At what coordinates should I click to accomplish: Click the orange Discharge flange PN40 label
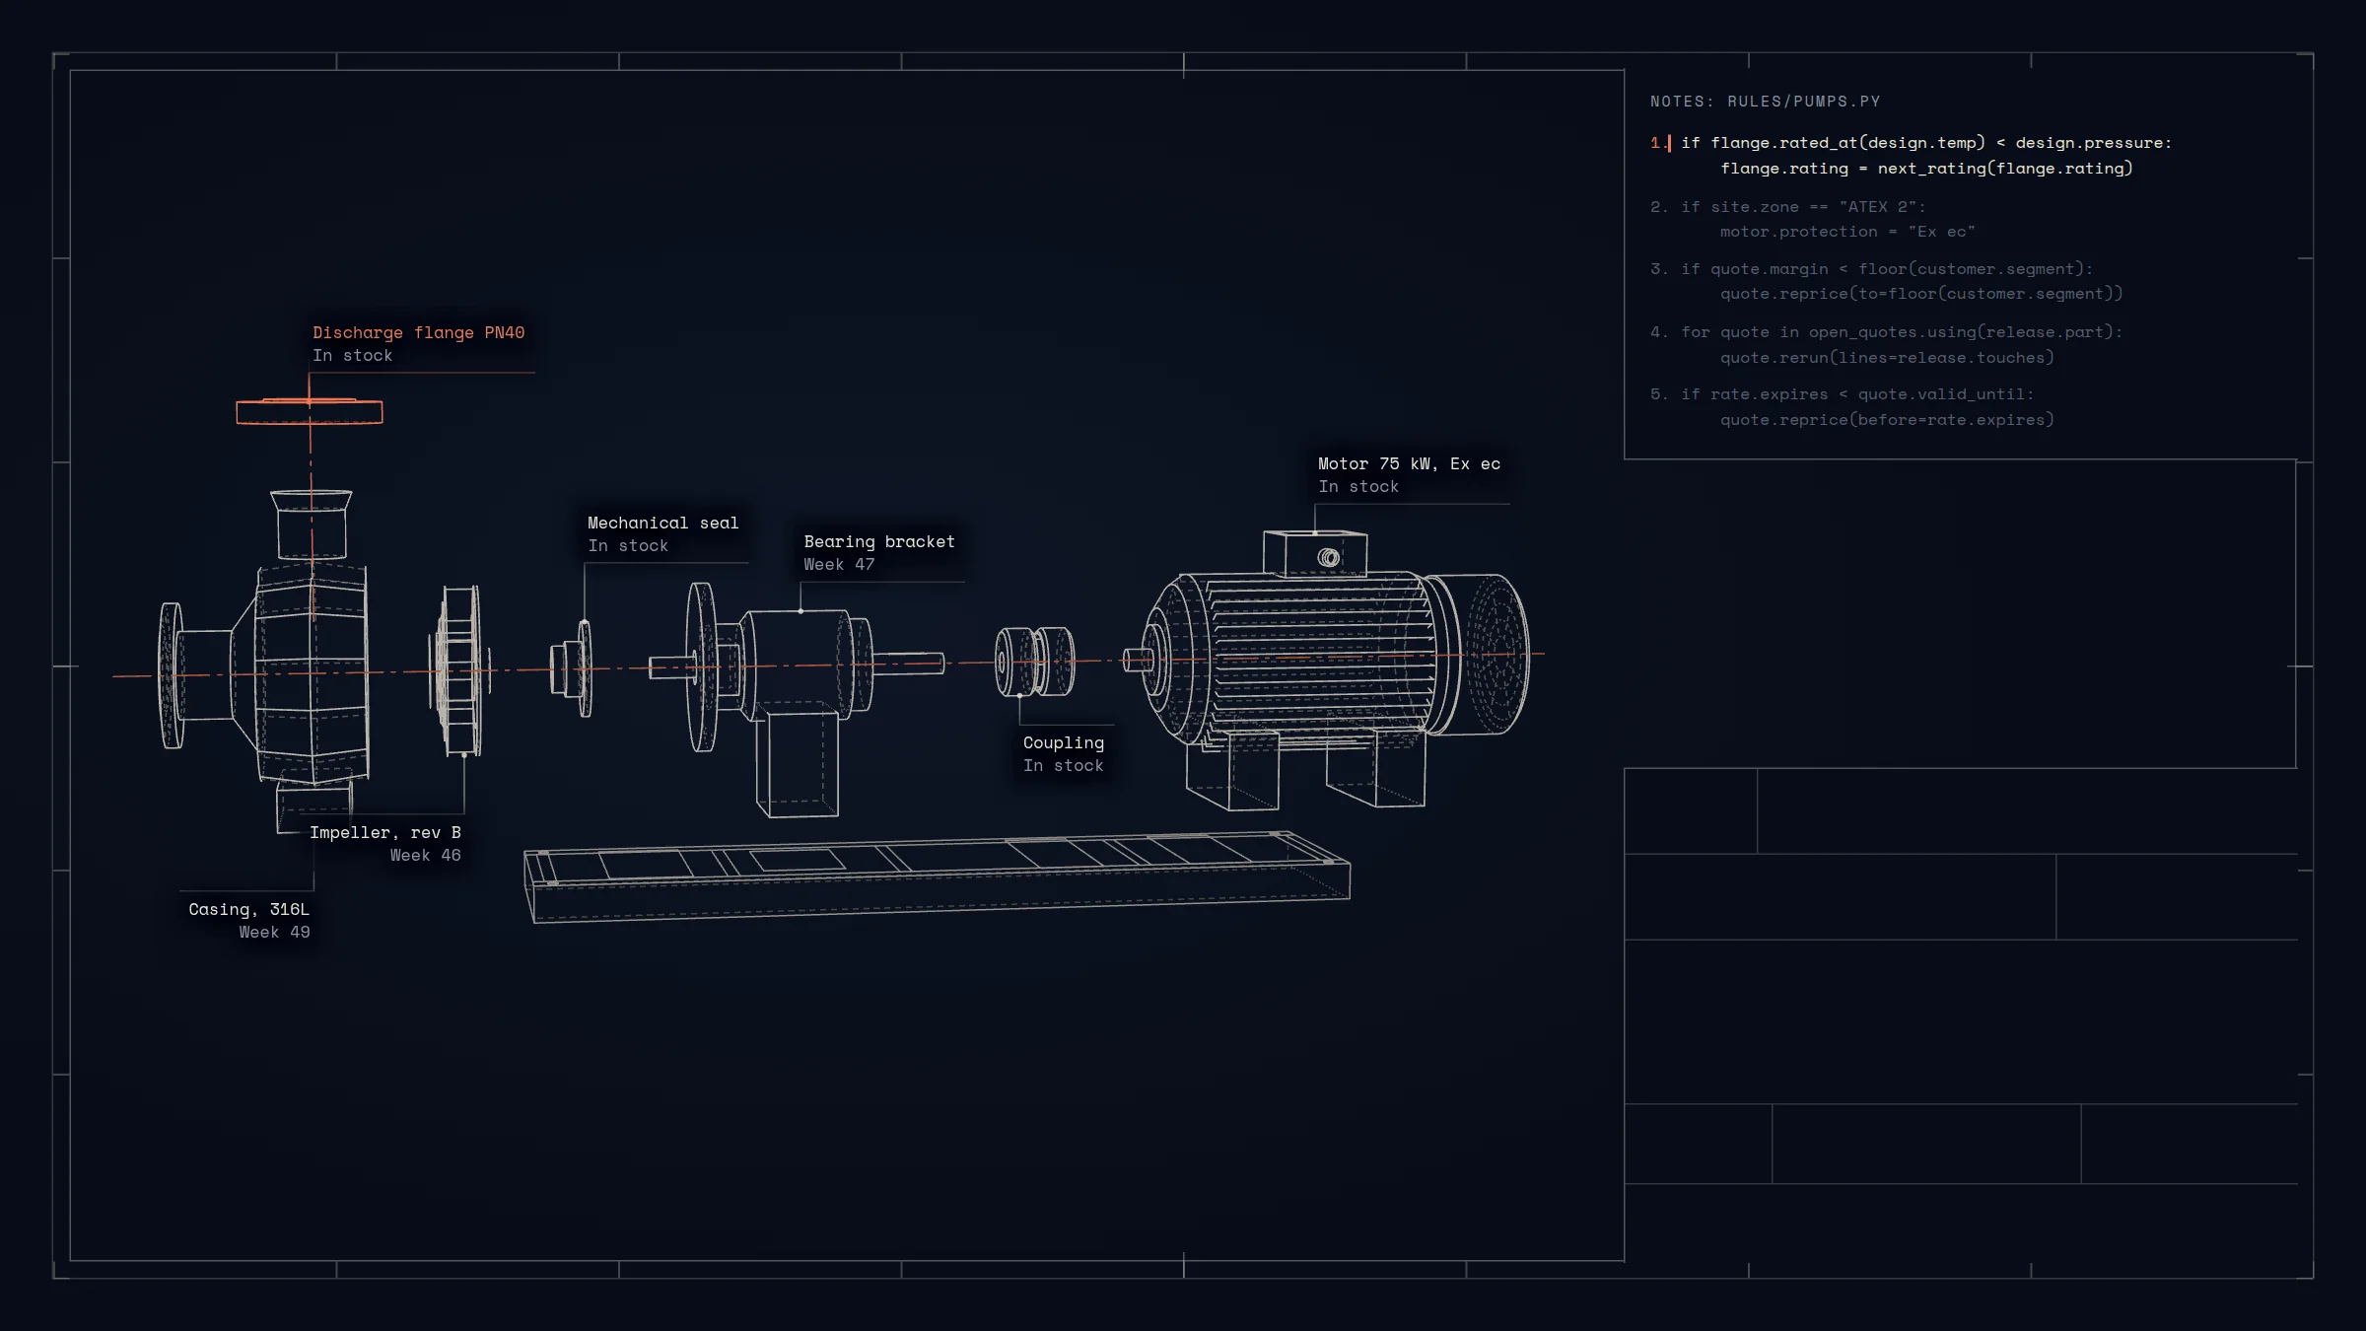click(418, 333)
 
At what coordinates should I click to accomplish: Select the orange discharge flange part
click(310, 411)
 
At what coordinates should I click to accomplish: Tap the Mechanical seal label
click(662, 524)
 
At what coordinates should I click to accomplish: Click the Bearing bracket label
click(879, 542)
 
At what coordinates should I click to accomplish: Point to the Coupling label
click(1064, 743)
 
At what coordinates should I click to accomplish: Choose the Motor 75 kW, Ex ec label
click(1409, 464)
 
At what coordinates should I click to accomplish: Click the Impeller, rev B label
click(385, 833)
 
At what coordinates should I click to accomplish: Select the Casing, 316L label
click(248, 910)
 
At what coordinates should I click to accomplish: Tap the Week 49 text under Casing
click(274, 933)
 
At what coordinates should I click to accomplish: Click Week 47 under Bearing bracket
click(839, 565)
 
